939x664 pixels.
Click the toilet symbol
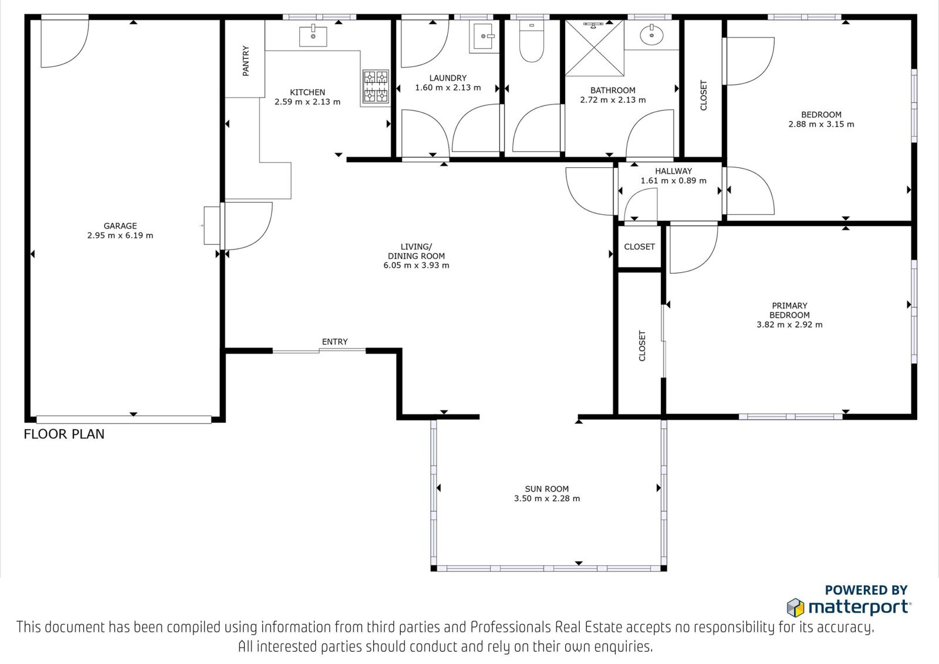point(532,41)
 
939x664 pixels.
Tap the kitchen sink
point(313,36)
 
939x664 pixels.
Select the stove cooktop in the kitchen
point(376,87)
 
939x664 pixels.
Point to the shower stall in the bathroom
point(595,48)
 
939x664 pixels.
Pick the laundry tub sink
point(484,36)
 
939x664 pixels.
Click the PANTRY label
point(246,61)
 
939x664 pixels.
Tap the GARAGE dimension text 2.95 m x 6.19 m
point(120,235)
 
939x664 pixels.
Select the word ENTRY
point(335,342)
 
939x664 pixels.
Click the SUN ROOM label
point(546,488)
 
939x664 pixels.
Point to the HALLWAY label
point(673,171)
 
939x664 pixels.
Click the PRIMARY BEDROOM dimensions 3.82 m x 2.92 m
point(789,325)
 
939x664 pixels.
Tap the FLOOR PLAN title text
point(64,434)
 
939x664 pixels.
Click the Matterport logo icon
point(795,608)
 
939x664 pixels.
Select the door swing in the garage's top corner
point(65,43)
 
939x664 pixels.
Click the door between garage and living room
point(246,226)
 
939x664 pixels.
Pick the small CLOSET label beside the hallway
point(639,247)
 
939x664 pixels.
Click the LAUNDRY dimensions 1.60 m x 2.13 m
point(448,87)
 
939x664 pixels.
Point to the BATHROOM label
point(613,90)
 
